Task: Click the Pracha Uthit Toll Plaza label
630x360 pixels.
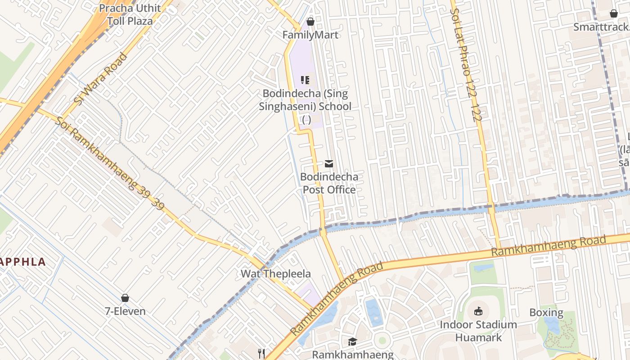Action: tap(130, 14)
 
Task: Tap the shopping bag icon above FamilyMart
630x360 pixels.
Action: tap(310, 21)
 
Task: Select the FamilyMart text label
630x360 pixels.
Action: tap(310, 35)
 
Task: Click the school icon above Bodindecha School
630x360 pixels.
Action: tap(305, 80)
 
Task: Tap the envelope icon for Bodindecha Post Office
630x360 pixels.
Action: tap(329, 164)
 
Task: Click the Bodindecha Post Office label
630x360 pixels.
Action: tap(329, 183)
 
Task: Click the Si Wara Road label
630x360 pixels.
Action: tap(100, 79)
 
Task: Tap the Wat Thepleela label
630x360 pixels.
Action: tap(275, 274)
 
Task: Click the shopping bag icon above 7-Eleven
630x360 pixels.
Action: tap(125, 298)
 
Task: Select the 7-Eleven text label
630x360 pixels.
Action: tap(125, 311)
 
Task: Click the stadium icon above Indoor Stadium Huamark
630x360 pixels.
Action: tap(478, 311)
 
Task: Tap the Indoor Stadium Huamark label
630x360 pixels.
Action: tap(478, 331)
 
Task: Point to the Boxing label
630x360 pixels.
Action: tap(546, 312)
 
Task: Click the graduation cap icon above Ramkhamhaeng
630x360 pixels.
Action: tap(352, 342)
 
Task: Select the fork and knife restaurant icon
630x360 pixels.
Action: tap(261, 353)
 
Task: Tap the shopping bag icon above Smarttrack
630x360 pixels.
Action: tap(613, 13)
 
